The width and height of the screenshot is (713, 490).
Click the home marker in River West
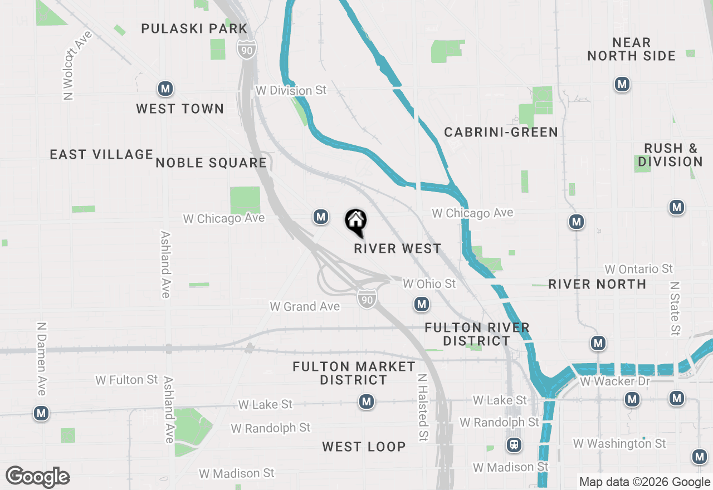point(355,222)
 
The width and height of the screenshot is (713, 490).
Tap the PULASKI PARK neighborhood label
point(194,28)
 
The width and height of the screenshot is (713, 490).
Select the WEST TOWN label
point(180,109)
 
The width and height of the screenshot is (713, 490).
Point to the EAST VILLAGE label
point(101,154)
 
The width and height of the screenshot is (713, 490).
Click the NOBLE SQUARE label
point(211,163)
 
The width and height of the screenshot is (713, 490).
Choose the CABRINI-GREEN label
point(501,132)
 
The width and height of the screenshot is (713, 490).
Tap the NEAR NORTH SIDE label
point(631,49)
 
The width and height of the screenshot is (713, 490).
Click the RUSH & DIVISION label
point(670,155)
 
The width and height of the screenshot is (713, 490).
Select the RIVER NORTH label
point(597,284)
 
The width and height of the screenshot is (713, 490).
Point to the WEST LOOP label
point(364,447)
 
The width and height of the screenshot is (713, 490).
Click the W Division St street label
point(291,90)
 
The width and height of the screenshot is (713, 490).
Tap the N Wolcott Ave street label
point(76,66)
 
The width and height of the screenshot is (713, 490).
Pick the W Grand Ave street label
point(304,306)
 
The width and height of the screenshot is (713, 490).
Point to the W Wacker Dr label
point(614,381)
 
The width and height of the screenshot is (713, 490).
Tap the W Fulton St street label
point(126,380)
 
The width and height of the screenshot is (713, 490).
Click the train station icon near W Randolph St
point(514,445)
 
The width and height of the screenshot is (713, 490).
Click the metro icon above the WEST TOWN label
point(165,89)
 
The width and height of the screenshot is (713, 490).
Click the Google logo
point(37,477)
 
